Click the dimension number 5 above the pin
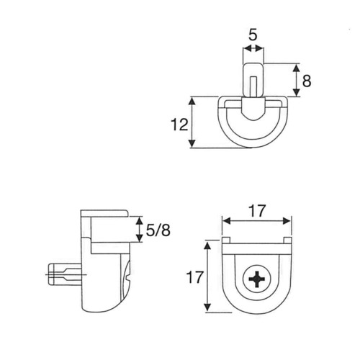tap(253, 35)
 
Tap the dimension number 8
tap(307, 81)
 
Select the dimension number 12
tap(179, 125)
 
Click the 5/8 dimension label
tap(158, 230)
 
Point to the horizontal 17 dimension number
tap(257, 211)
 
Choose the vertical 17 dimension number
tap(195, 277)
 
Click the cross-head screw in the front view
tap(257, 279)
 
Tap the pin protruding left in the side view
tap(65, 274)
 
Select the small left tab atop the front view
tap(226, 240)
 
